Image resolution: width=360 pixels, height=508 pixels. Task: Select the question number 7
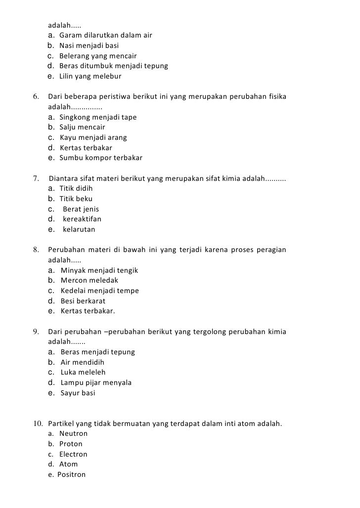click(x=36, y=178)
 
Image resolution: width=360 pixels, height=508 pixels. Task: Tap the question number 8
click(x=36, y=250)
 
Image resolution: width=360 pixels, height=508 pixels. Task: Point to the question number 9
click(x=36, y=332)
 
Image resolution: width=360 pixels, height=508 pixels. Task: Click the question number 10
click(x=38, y=423)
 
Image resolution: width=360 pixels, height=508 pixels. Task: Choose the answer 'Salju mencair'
click(x=82, y=127)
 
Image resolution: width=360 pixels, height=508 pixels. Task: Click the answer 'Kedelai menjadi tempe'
click(x=99, y=291)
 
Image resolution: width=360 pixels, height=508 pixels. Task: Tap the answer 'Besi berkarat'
click(x=83, y=301)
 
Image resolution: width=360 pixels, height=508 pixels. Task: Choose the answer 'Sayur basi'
click(x=78, y=393)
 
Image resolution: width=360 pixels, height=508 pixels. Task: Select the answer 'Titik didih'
click(x=76, y=188)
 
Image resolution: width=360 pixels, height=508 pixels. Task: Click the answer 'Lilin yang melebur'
click(x=90, y=77)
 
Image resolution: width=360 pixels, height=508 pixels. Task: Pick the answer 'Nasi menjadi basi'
click(x=89, y=45)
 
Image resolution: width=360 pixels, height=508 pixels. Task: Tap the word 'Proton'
click(x=71, y=444)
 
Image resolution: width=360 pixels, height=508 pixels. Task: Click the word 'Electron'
click(x=73, y=454)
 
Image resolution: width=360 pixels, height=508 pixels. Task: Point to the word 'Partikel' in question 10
click(x=62, y=423)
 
